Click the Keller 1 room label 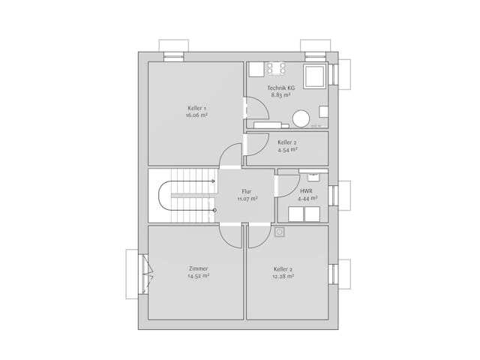196,109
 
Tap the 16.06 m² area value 196,116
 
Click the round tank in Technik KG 301,118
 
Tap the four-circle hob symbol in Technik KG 277,69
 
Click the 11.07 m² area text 247,199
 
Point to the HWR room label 307,191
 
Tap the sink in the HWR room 313,177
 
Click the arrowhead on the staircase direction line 214,181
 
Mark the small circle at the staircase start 215,210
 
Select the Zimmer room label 198,268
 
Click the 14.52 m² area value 198,276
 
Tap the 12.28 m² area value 283,276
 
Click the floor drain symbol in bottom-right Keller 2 280,232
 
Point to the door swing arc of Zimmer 229,235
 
